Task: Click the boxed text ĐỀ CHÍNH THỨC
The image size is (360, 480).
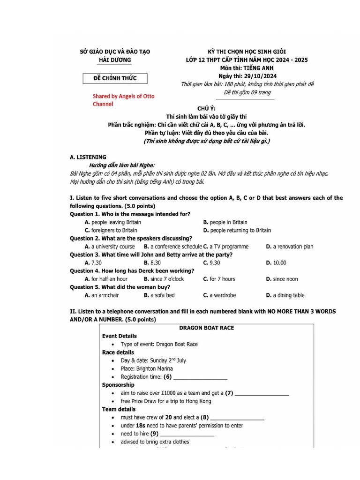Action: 115,78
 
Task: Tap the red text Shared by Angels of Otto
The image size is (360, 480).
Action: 123,96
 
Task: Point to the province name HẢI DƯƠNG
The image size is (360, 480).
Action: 115,60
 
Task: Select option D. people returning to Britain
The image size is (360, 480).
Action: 237,230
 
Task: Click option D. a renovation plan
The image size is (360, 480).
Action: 289,247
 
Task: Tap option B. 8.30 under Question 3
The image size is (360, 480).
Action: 152,263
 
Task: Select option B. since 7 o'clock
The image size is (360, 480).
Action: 164,279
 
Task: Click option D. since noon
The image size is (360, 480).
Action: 282,279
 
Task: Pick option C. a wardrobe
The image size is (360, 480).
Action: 219,295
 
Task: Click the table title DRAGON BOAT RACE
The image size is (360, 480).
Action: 206,328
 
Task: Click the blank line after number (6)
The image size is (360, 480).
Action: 200,377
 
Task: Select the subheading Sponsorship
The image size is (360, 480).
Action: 118,385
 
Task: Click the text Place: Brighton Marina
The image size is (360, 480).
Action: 147,368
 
